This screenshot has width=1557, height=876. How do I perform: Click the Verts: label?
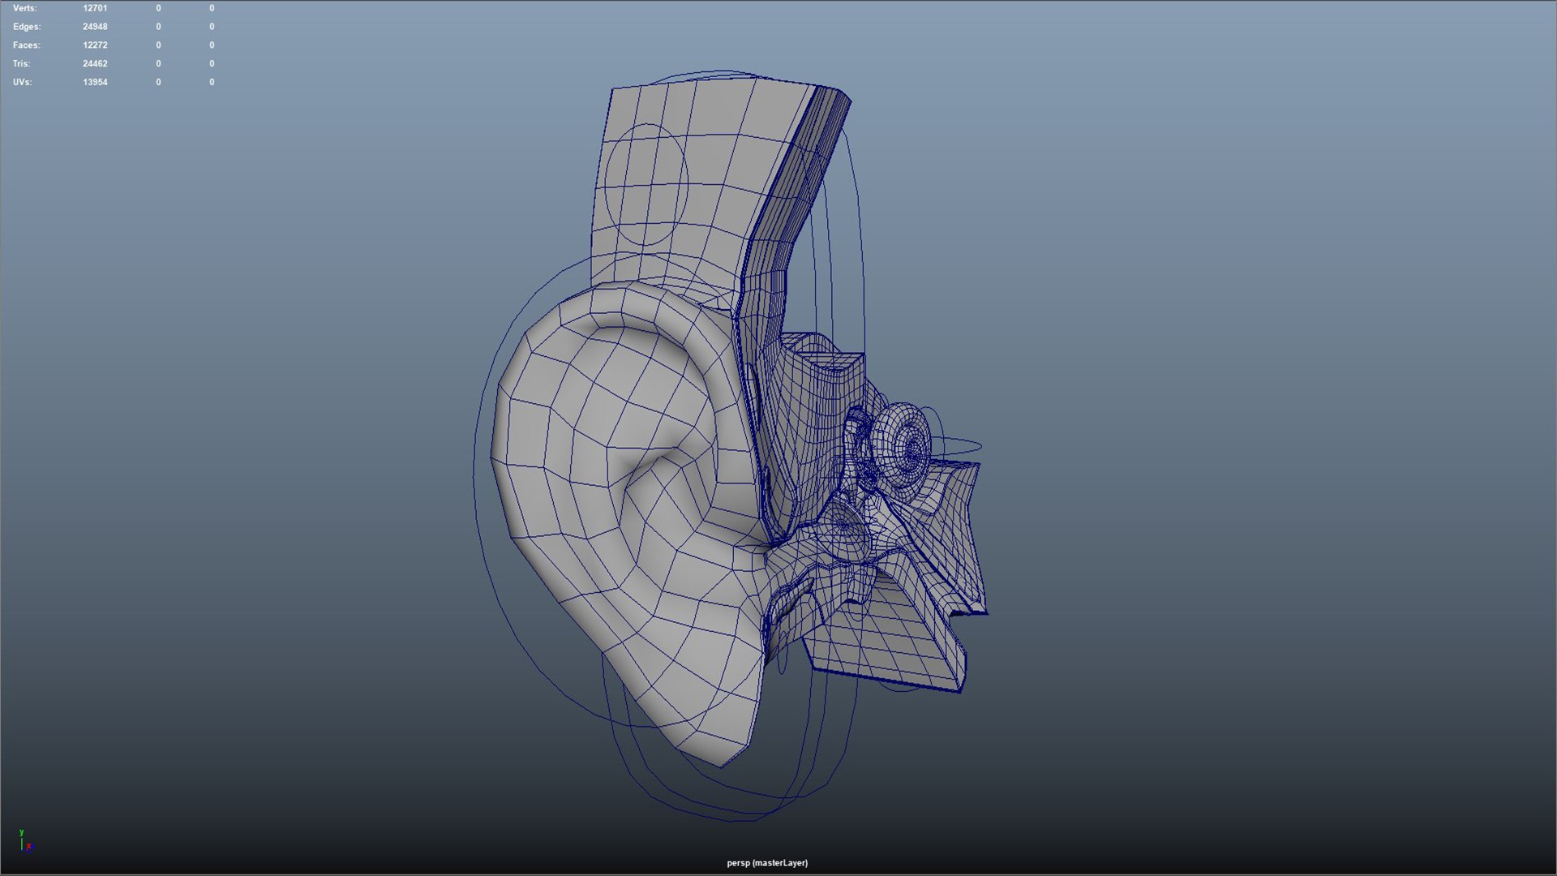click(24, 8)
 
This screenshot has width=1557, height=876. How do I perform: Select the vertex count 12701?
click(95, 8)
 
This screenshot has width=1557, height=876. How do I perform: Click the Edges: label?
click(26, 27)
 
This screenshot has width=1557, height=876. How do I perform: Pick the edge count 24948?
click(95, 27)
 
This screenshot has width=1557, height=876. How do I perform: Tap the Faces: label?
click(26, 45)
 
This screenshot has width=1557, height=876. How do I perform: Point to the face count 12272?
click(95, 45)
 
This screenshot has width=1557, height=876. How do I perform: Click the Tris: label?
click(21, 63)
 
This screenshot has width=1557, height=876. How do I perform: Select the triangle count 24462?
click(95, 63)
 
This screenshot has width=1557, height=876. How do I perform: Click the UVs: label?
click(22, 82)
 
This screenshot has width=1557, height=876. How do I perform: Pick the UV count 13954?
click(95, 82)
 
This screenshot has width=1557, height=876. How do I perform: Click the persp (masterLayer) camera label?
click(767, 863)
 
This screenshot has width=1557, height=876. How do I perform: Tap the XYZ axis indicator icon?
click(25, 841)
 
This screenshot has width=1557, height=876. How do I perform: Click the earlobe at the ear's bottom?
click(714, 722)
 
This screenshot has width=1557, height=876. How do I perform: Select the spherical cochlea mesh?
click(902, 446)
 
